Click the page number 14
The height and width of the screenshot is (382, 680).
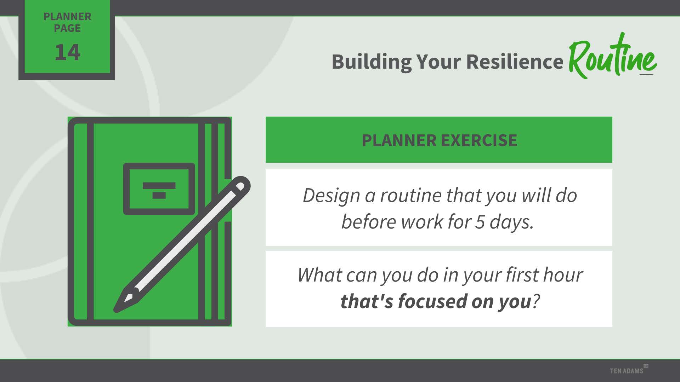pyautogui.click(x=67, y=52)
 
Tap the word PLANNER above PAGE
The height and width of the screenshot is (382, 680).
pyautogui.click(x=67, y=16)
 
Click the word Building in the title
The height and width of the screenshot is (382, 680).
pyautogui.click(x=372, y=62)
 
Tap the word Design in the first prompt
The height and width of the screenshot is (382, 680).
pyautogui.click(x=331, y=196)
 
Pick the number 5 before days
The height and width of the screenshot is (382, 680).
pyautogui.click(x=480, y=222)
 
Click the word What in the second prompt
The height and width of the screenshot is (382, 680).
pyautogui.click(x=319, y=274)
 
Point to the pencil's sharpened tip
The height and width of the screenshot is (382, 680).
pyautogui.click(x=116, y=310)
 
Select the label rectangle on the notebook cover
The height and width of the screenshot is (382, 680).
pyautogui.click(x=159, y=189)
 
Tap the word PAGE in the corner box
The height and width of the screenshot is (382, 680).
pyautogui.click(x=67, y=28)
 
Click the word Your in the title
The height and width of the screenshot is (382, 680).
pyautogui.click(x=438, y=62)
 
